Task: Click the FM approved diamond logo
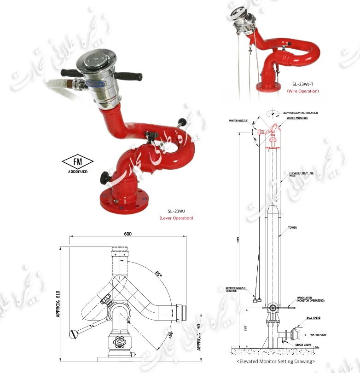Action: coord(77,162)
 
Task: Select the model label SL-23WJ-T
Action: coord(303,85)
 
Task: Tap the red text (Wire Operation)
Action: coord(302,91)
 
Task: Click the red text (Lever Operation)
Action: coord(176,218)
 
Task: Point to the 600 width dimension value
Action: coord(128,234)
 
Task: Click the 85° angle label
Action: coord(159,274)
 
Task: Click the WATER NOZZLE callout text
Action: coord(238,121)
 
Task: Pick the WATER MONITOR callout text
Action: coord(297,118)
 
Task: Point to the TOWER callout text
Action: coord(292,228)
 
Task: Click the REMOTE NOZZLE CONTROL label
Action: coord(232,289)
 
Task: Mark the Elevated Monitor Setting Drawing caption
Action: coord(276,362)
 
